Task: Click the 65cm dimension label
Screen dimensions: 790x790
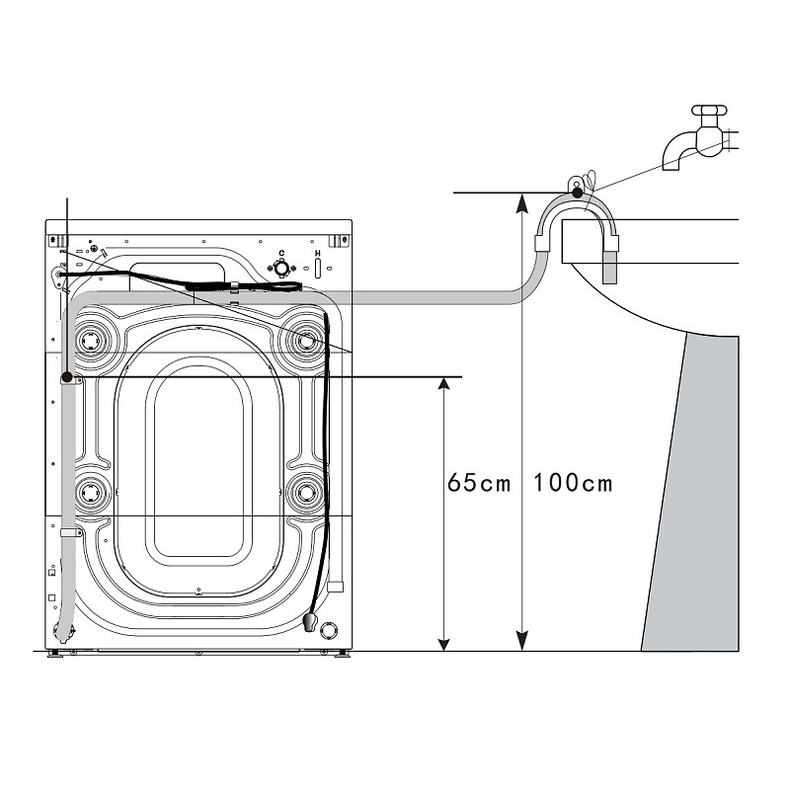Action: click(479, 483)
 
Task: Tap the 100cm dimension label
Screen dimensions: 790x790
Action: click(573, 483)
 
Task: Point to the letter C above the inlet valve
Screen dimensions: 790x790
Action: click(281, 254)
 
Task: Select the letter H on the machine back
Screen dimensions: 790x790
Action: click(317, 254)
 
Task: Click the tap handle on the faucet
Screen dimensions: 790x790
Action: click(709, 110)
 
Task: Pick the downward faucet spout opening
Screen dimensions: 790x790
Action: click(671, 165)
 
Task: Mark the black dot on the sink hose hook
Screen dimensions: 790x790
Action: click(577, 192)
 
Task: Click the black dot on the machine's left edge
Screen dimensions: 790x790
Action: click(66, 377)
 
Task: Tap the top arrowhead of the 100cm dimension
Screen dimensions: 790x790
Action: click(522, 202)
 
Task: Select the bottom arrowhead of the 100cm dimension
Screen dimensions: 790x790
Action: click(522, 641)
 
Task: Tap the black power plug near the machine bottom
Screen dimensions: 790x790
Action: click(310, 622)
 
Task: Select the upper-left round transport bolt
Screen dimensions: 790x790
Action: click(91, 342)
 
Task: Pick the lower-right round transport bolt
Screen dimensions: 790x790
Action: click(305, 492)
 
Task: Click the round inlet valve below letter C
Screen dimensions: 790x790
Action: click(281, 268)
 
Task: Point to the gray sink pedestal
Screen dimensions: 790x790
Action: click(690, 493)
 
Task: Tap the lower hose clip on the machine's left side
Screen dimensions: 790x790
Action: click(70, 532)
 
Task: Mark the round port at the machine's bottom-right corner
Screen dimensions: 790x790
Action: click(329, 631)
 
